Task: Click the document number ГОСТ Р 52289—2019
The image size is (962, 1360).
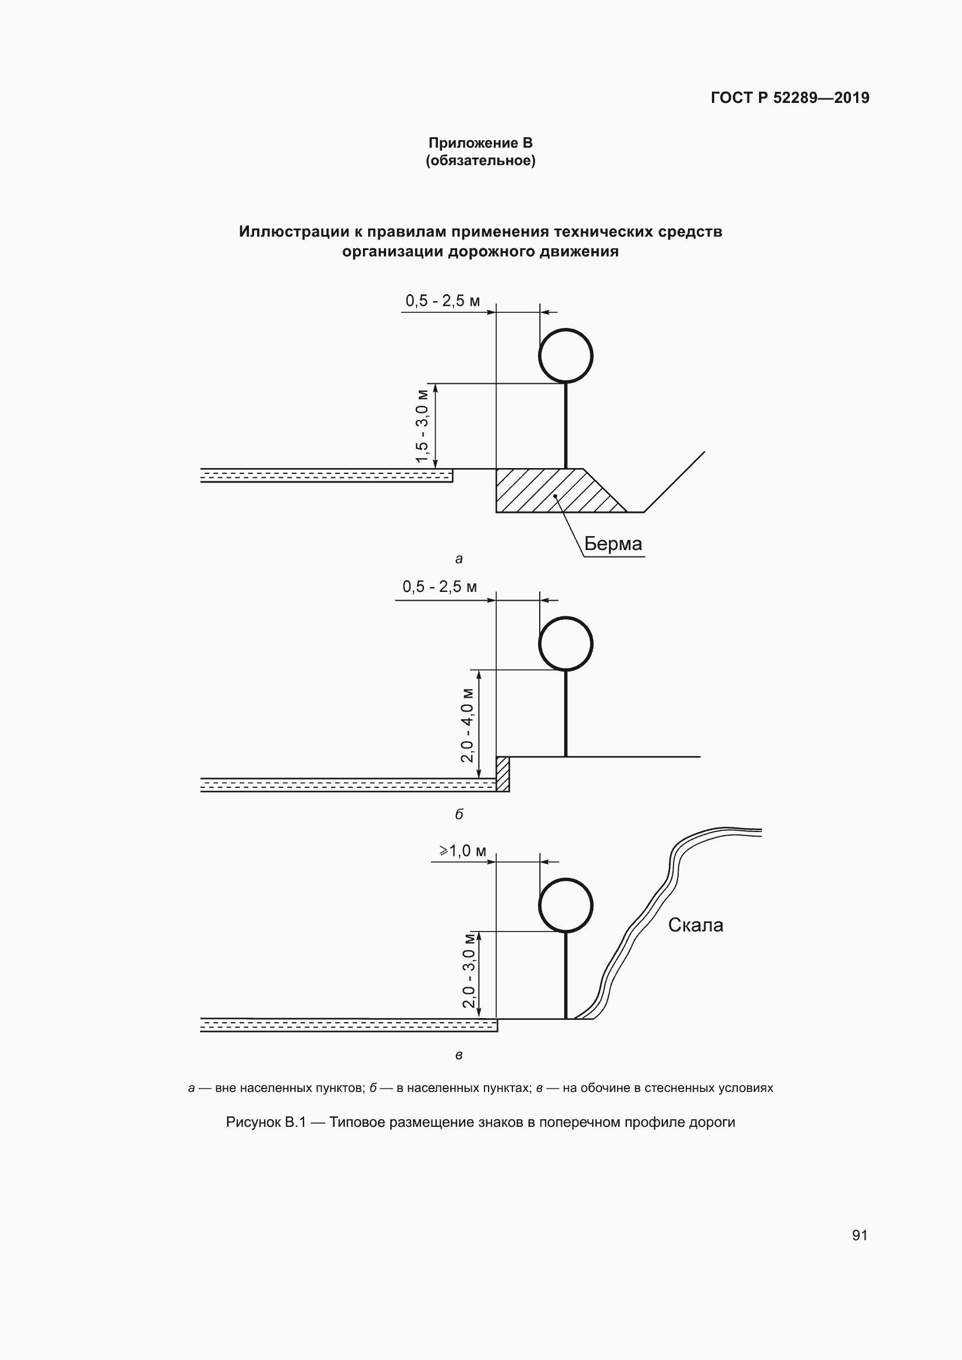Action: tap(790, 98)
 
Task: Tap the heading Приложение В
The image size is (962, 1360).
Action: tap(480, 143)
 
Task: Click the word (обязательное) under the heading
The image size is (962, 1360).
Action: tap(480, 161)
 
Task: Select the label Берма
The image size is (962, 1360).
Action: tap(613, 544)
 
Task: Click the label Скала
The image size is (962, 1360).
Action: tap(696, 925)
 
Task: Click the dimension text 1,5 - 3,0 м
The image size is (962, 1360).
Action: tap(422, 426)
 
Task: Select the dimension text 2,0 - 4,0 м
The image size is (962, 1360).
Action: tap(468, 725)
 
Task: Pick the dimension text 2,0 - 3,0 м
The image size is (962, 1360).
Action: tap(469, 970)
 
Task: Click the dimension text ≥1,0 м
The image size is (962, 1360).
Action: tap(462, 851)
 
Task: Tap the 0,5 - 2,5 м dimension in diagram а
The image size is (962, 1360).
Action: tap(443, 301)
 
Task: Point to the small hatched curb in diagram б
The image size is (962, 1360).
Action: tap(503, 773)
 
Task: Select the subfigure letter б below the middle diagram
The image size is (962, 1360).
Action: tap(459, 814)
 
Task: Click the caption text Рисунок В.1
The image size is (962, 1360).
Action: tap(265, 1122)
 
